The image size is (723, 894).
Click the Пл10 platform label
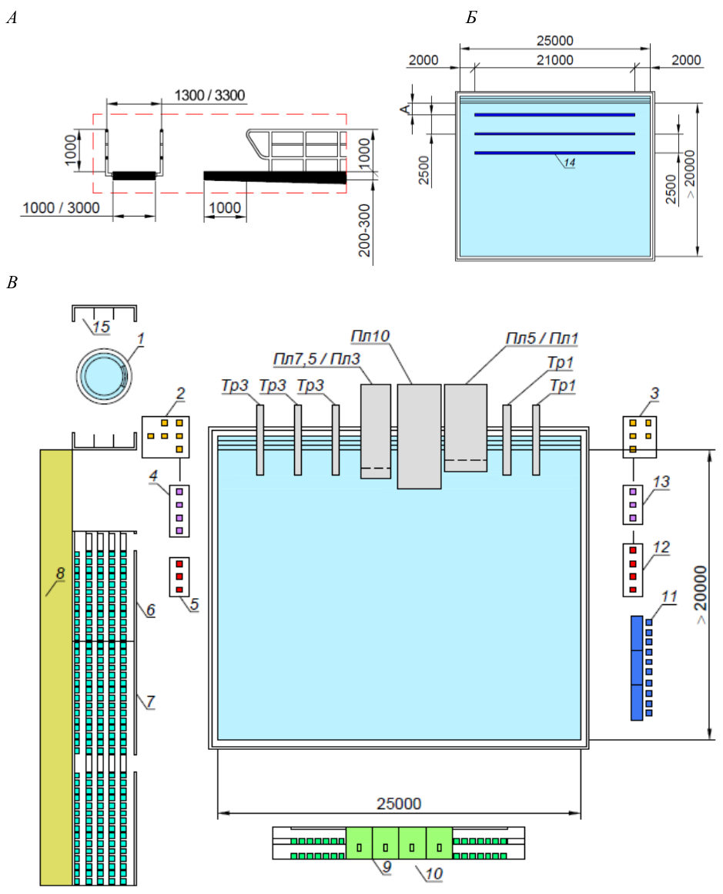coord(370,336)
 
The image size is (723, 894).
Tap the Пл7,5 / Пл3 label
coord(316,358)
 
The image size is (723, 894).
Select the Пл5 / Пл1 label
coord(542,338)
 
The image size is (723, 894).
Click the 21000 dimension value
coord(554,60)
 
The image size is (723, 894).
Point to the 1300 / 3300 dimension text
coord(209,95)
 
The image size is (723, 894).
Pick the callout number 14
coord(570,163)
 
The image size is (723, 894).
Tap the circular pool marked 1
coord(104,376)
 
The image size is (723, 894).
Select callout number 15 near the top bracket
coord(101,327)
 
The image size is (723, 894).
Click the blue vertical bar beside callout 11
coord(637,667)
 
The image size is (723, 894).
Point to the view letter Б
coord(471,18)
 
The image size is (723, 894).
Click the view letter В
coord(12,282)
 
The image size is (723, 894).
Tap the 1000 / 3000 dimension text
coord(61,207)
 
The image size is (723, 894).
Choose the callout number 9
coord(387,866)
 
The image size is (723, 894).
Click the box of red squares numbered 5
coord(179,576)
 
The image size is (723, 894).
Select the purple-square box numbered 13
coord(632,505)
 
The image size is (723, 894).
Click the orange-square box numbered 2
coord(166,437)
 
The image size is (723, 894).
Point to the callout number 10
coord(433,873)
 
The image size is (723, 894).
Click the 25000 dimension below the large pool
coord(399,803)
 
